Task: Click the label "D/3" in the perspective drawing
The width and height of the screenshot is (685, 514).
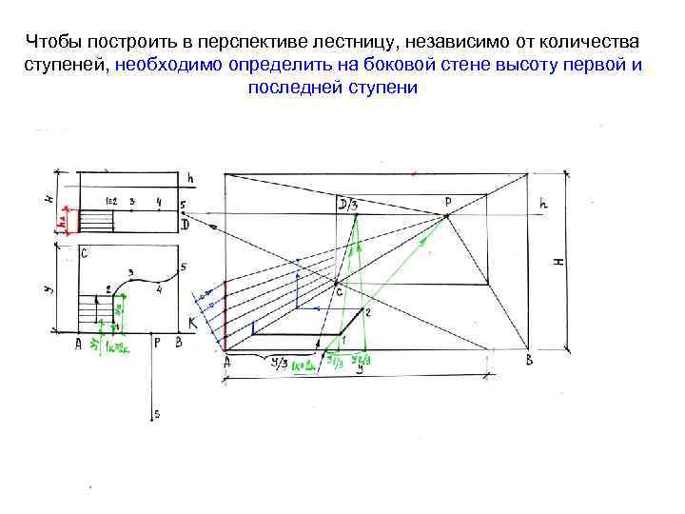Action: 348,205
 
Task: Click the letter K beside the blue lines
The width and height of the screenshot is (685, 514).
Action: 192,325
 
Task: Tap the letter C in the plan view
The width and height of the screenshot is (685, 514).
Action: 85,253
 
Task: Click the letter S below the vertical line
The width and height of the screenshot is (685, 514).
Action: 157,414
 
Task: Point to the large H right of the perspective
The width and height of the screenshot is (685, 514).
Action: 559,259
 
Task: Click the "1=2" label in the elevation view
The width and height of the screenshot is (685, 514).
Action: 110,203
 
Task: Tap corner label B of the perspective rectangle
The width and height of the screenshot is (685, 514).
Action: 528,360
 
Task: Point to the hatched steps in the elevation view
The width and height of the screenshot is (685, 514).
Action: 94,220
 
